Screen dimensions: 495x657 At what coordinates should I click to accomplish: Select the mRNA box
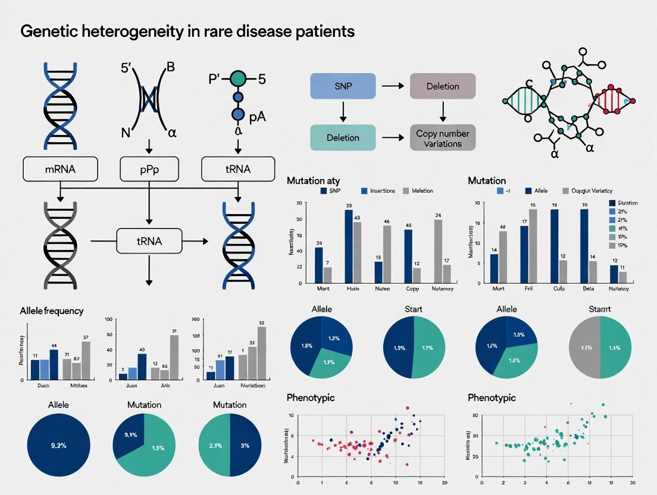[x=60, y=170]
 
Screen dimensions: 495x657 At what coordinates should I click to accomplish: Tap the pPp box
[x=148, y=170]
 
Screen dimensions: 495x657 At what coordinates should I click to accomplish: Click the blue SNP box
[x=343, y=86]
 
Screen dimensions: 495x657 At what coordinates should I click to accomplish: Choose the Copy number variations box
[x=443, y=138]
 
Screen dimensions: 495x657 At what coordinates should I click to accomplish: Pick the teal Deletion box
[x=343, y=137]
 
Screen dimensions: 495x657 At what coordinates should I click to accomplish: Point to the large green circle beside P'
[x=238, y=78]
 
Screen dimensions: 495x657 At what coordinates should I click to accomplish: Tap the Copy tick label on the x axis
[x=412, y=289]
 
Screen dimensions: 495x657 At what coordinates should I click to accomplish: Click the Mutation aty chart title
[x=313, y=180]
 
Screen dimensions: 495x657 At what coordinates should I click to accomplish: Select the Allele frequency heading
[x=52, y=311]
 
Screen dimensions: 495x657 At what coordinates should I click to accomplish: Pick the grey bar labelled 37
[x=86, y=360]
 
